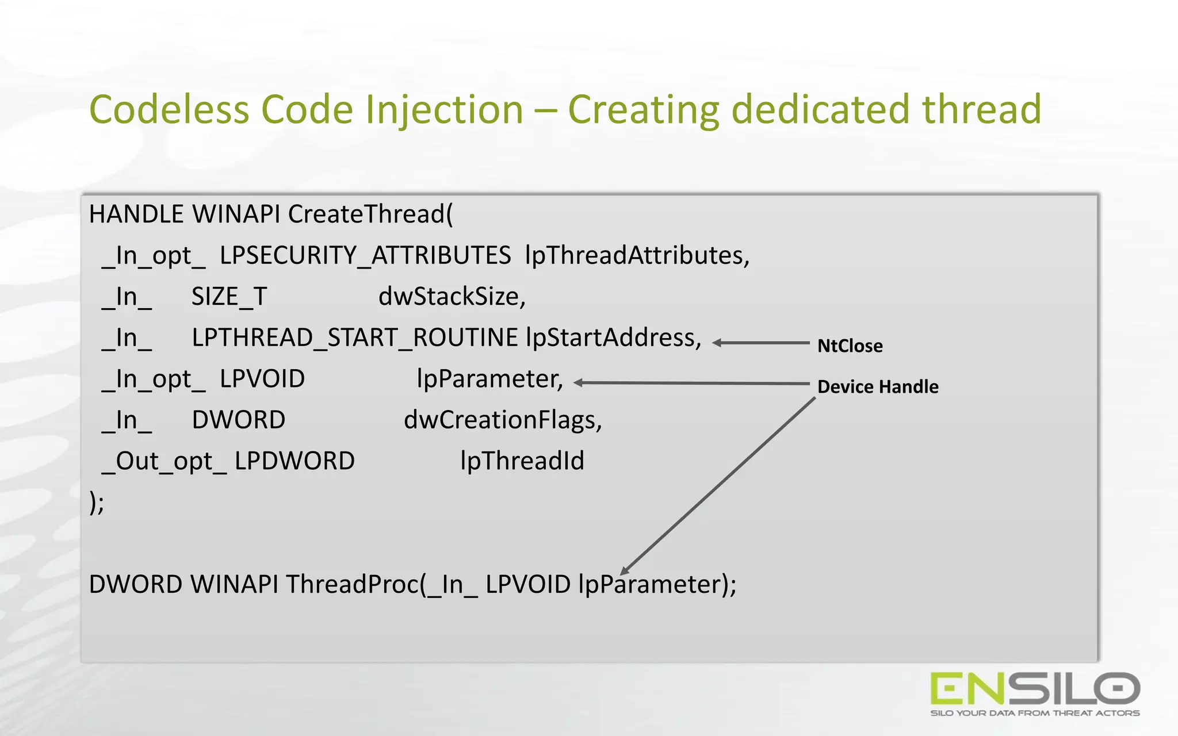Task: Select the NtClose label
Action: coord(850,346)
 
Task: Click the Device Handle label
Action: coord(878,386)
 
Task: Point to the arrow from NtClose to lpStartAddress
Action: coord(760,343)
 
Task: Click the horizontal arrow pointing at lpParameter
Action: coord(690,383)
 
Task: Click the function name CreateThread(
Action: coord(370,214)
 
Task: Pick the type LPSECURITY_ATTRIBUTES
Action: coord(365,255)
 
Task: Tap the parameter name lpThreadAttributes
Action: coord(637,255)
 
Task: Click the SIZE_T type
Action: coord(229,297)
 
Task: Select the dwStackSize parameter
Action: coord(452,297)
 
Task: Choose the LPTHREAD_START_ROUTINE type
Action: coord(354,338)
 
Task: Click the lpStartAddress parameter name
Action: coord(613,338)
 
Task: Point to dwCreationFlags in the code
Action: coord(502,420)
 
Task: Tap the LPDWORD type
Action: coord(294,461)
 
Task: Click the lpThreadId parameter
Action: coord(522,461)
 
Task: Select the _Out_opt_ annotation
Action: coord(164,461)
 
